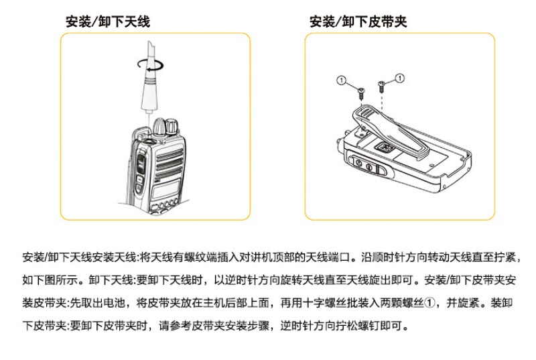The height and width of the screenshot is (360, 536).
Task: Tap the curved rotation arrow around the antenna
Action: coord(148,64)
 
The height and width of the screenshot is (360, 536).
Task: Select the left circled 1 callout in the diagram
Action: coord(340,80)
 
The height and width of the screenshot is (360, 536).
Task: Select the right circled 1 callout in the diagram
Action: coord(401,78)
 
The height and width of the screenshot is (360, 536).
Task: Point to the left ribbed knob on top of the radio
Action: coord(160,126)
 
